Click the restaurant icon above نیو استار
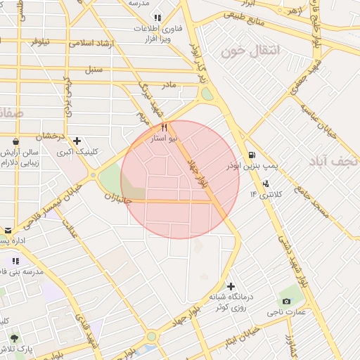165,128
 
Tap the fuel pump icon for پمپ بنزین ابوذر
252,155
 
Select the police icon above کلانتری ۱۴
265,184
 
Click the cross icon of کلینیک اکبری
77,141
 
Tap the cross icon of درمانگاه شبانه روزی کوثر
231,285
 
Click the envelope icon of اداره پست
8,230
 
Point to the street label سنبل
94,70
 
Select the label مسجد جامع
312,204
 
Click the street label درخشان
51,135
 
